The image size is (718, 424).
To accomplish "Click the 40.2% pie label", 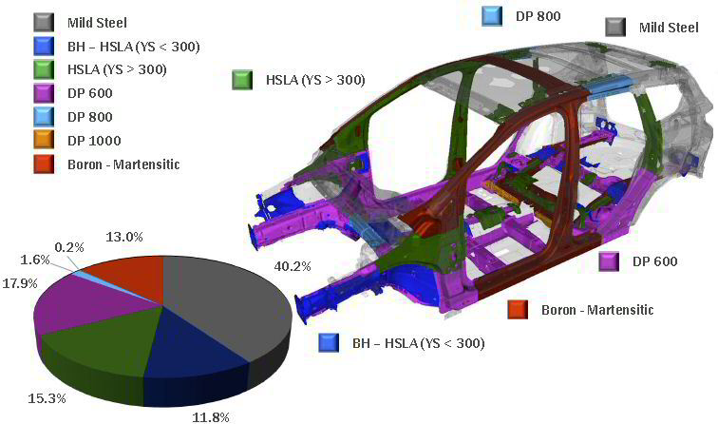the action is point(293,266).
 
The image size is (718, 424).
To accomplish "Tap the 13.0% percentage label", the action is point(124,237).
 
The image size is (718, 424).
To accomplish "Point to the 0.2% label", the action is point(69,247).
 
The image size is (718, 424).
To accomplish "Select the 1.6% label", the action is point(35,260).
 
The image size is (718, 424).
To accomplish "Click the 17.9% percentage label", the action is point(20,283).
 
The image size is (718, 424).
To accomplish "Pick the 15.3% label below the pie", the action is point(47,398).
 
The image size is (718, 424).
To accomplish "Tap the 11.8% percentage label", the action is point(210,417).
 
